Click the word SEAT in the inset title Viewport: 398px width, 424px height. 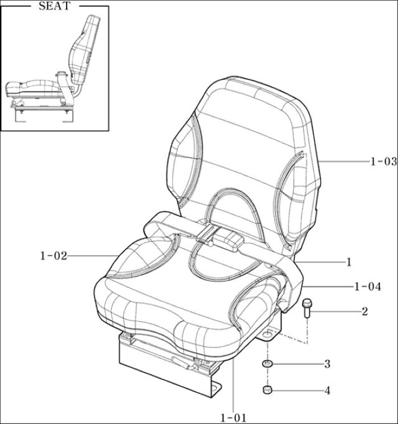tap(55, 6)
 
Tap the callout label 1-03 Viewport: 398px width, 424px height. tap(383, 162)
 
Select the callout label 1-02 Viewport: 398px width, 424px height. tap(53, 256)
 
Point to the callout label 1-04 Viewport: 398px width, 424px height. tap(368, 286)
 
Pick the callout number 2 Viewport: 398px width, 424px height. tap(365, 311)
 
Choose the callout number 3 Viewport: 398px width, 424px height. tap(327, 364)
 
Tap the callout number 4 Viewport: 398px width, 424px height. tap(327, 390)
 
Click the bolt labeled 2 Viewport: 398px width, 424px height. tap(306, 308)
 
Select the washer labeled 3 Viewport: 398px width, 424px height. tap(267, 364)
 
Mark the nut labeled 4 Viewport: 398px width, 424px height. tap(267, 390)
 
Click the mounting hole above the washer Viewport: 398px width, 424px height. tap(268, 335)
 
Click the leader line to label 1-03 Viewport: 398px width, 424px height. tap(343, 162)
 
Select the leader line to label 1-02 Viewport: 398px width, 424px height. tap(92, 256)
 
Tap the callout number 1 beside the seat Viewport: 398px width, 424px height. tap(349, 262)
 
